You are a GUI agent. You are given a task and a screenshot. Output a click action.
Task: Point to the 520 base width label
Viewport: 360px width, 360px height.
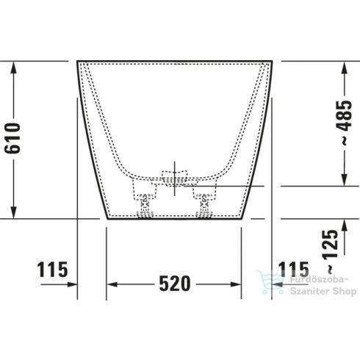coord(174,283)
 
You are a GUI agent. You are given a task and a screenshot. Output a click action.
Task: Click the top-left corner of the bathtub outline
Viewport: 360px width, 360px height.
coord(78,62)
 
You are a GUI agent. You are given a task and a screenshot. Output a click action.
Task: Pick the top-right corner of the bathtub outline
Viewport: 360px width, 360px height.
coord(272,62)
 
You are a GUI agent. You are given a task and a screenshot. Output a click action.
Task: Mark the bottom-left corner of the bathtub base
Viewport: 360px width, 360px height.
coord(107,218)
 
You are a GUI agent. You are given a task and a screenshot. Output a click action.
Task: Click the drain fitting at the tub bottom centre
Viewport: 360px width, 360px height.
coord(174,181)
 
